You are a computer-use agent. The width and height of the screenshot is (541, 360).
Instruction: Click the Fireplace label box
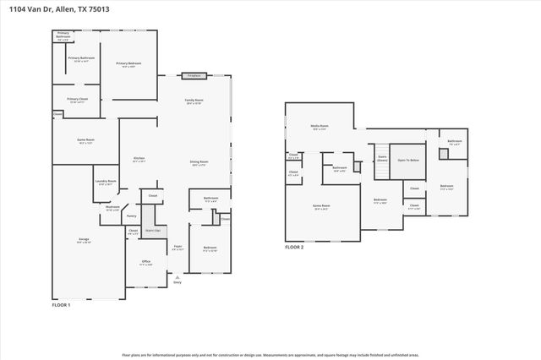click(x=193, y=75)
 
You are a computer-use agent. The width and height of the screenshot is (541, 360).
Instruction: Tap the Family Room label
click(x=195, y=101)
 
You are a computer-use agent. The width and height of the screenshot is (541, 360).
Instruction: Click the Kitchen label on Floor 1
click(x=139, y=159)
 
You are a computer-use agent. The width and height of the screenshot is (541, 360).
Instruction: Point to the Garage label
click(x=84, y=241)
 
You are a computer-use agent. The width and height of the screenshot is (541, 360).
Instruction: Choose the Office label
click(x=145, y=263)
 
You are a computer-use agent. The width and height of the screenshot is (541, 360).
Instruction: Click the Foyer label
click(x=177, y=248)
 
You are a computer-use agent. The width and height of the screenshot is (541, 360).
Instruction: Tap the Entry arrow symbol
click(x=177, y=275)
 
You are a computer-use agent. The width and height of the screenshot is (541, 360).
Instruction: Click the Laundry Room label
click(x=106, y=183)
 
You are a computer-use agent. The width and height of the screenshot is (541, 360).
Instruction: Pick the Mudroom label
click(x=112, y=207)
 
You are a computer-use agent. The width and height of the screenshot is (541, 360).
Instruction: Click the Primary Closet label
click(x=78, y=100)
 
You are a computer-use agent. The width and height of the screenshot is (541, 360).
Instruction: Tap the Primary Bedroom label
click(x=128, y=64)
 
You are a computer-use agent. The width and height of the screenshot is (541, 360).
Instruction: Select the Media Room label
click(x=320, y=126)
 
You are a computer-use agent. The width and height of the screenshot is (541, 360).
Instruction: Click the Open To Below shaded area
click(x=411, y=159)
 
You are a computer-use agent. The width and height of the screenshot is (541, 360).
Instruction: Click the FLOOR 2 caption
click(x=293, y=248)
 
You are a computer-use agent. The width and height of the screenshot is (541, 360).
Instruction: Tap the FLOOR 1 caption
click(x=61, y=304)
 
